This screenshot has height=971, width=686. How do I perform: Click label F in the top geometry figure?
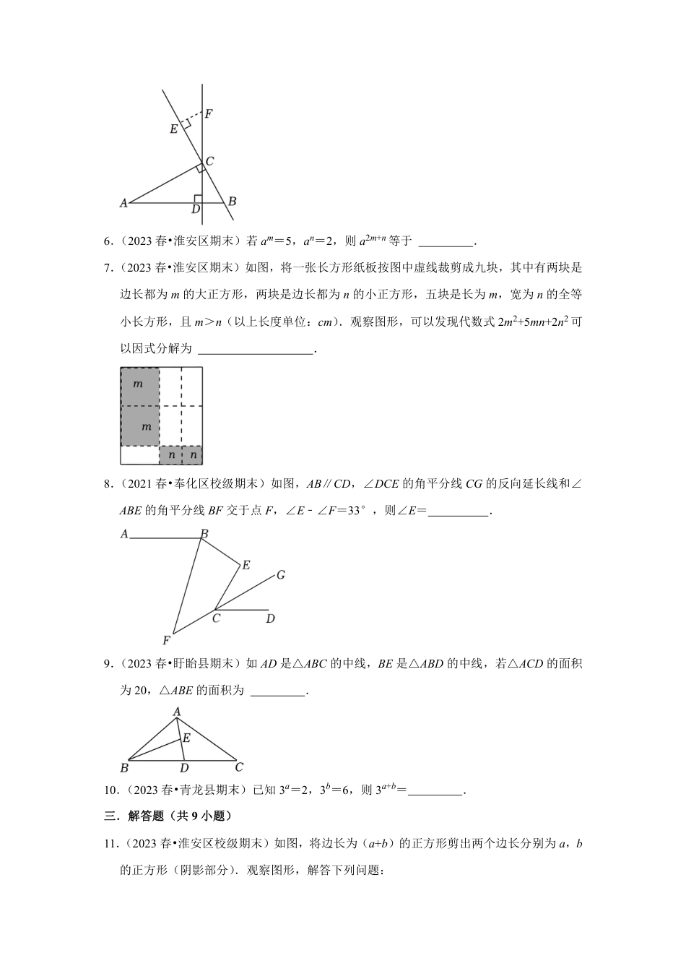[209, 113]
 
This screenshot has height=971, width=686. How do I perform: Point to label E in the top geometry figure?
[173, 129]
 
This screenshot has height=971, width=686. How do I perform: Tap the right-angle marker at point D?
[198, 199]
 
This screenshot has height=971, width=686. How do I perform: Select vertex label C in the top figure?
[209, 161]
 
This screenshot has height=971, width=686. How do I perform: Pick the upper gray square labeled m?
[139, 387]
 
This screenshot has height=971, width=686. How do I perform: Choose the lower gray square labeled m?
[139, 426]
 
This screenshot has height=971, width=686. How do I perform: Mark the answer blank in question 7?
[256, 349]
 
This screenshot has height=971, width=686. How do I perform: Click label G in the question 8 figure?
[281, 575]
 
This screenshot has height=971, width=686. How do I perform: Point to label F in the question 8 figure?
[166, 640]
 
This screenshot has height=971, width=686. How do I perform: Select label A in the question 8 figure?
[124, 534]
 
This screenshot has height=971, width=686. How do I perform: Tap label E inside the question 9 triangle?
[186, 738]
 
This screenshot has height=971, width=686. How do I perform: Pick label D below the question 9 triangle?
[184, 768]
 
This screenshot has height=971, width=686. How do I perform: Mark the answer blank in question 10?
[435, 790]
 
